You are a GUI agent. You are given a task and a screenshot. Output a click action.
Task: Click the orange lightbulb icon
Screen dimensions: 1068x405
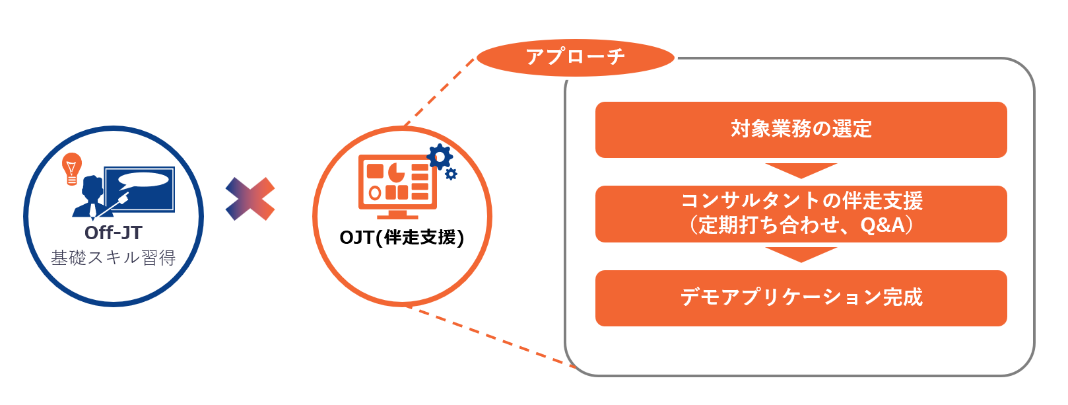(x=72, y=169)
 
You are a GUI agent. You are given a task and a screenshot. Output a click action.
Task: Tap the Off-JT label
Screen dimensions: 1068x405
(x=114, y=233)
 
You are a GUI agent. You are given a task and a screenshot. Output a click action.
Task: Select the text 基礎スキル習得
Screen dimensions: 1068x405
(x=114, y=258)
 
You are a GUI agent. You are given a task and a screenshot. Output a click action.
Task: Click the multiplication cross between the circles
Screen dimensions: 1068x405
(x=250, y=199)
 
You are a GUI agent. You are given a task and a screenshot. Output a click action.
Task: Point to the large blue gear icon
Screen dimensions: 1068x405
(x=440, y=157)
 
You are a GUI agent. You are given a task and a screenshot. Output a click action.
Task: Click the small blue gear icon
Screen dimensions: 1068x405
(x=451, y=174)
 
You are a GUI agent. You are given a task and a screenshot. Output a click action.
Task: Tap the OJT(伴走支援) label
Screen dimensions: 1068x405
(x=402, y=237)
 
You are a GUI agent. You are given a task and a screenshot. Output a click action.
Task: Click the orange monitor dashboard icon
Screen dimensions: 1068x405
(x=397, y=186)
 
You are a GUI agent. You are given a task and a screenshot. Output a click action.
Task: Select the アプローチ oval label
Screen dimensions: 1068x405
(x=576, y=57)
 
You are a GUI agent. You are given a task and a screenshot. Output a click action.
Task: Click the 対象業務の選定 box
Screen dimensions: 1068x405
(x=801, y=129)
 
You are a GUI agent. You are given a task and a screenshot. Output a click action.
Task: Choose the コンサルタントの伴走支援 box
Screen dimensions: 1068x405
(x=801, y=213)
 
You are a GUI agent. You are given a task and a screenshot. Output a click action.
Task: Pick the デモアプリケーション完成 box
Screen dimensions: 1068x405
(x=801, y=298)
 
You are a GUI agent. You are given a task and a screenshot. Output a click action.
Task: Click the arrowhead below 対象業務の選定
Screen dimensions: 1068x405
(x=801, y=170)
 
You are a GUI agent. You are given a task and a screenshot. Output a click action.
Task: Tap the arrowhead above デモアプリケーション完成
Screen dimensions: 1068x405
(x=801, y=254)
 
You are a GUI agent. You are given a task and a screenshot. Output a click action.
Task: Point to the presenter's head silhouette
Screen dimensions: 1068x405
(x=92, y=186)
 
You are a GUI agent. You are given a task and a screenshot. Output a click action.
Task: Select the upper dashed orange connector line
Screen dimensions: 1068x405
(x=439, y=92)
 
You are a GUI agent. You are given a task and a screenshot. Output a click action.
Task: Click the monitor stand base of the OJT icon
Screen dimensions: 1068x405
(x=397, y=217)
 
